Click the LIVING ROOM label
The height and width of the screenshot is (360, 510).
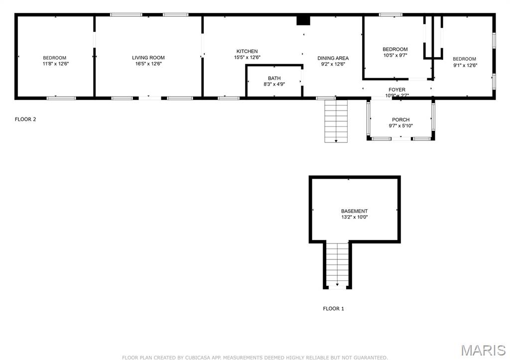[148, 58]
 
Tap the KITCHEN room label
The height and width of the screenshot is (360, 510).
[247, 51]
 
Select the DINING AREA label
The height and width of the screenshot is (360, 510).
[333, 58]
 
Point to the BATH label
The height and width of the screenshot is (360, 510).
[274, 78]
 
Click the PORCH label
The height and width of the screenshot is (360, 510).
[401, 120]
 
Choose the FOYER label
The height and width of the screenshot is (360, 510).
[397, 90]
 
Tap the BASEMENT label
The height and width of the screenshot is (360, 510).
[354, 211]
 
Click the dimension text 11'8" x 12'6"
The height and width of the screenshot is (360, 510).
[56, 64]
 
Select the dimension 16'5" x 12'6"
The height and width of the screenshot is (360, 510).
[148, 64]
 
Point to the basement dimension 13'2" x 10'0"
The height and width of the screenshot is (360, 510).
[354, 217]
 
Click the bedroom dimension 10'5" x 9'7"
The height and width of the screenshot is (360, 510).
[395, 55]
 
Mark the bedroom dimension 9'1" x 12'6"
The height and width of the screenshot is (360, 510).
[466, 65]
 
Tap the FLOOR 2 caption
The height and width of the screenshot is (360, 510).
[25, 120]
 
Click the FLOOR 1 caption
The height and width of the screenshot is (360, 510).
[333, 309]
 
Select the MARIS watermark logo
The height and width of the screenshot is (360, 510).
[483, 350]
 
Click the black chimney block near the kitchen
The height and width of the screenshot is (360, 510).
[303, 20]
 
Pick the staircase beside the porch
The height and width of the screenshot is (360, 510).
[336, 121]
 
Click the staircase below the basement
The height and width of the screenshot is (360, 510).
[337, 264]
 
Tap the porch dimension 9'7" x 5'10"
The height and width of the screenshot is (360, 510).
[401, 126]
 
